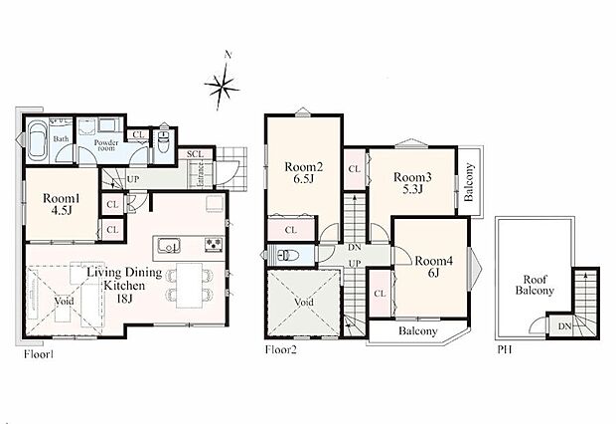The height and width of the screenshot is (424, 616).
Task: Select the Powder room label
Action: [106, 145]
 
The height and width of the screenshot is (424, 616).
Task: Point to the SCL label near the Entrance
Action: [195, 154]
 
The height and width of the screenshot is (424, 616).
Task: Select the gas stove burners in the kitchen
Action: [214, 244]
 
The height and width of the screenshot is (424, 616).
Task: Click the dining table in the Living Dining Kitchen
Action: [189, 286]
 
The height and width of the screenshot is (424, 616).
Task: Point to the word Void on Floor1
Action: [64, 302]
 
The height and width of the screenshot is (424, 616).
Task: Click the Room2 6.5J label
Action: [304, 173]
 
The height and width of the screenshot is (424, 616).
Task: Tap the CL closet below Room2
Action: [291, 230]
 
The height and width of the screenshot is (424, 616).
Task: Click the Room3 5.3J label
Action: [412, 183]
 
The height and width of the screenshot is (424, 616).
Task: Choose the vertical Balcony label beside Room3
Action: [469, 182]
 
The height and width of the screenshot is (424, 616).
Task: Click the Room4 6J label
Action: [434, 267]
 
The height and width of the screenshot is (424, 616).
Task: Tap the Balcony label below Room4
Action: [417, 331]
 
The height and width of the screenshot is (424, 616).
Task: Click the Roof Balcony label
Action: [535, 285]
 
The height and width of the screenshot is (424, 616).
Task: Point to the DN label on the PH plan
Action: [564, 326]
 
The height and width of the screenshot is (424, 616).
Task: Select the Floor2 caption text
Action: [281, 349]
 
